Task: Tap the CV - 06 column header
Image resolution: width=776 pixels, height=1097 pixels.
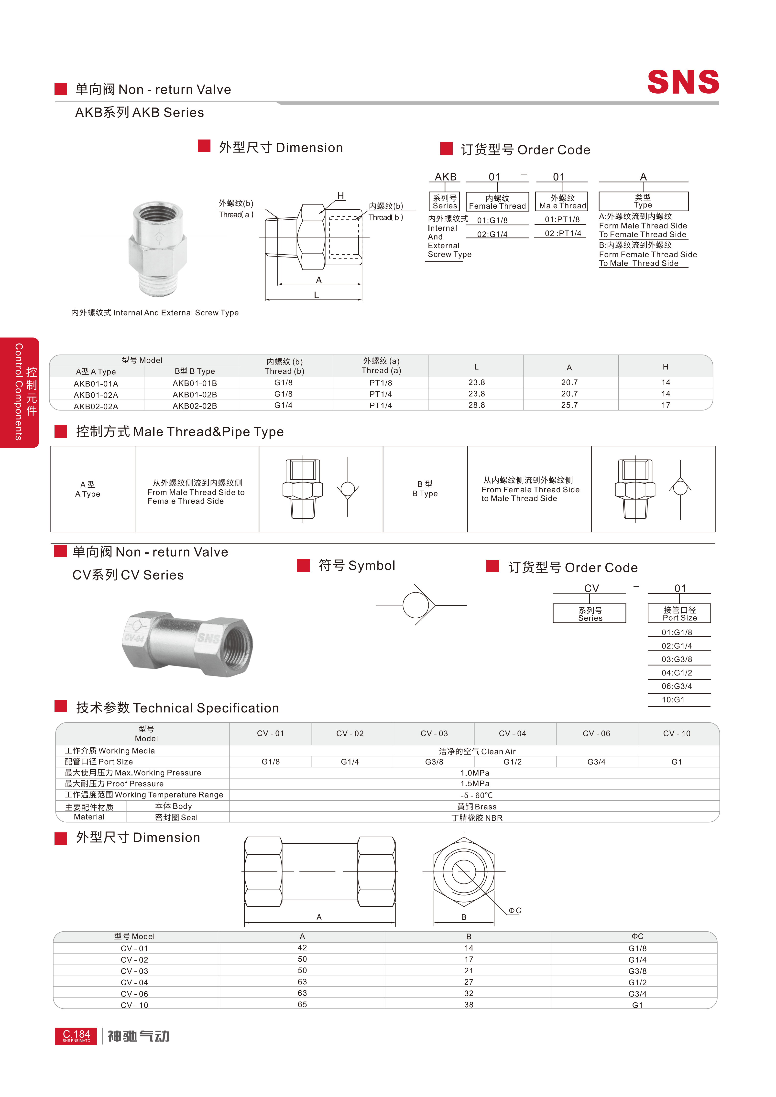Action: coord(596,733)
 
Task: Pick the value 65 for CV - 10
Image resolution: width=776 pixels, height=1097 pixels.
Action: coord(302,1004)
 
